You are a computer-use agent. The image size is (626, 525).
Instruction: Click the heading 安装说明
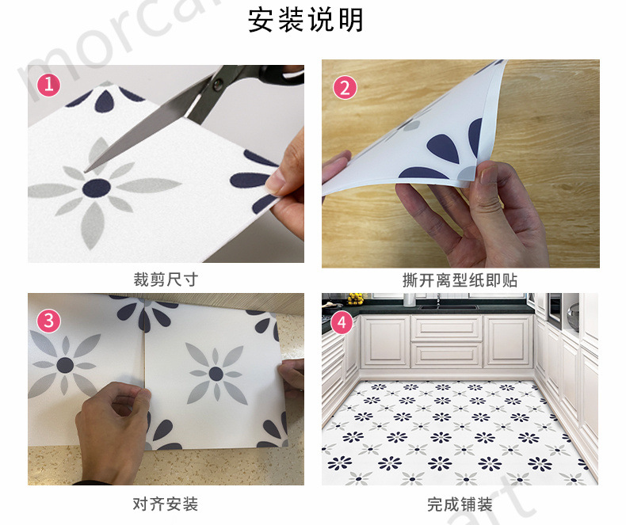(305, 20)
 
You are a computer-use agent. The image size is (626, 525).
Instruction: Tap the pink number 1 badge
(49, 84)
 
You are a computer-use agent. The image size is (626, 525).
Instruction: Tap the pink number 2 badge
(343, 87)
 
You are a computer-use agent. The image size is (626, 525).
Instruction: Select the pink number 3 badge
(49, 320)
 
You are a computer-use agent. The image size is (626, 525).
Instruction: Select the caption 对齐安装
(165, 504)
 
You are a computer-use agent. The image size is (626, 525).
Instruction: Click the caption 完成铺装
(460, 504)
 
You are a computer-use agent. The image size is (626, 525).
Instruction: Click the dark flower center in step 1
(97, 188)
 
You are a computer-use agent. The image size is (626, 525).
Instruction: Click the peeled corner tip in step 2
(502, 67)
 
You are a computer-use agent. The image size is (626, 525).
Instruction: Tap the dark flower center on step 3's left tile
(65, 365)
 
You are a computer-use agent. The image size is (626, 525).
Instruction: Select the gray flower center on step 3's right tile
(214, 372)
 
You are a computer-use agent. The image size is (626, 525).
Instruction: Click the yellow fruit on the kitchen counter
(356, 299)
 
